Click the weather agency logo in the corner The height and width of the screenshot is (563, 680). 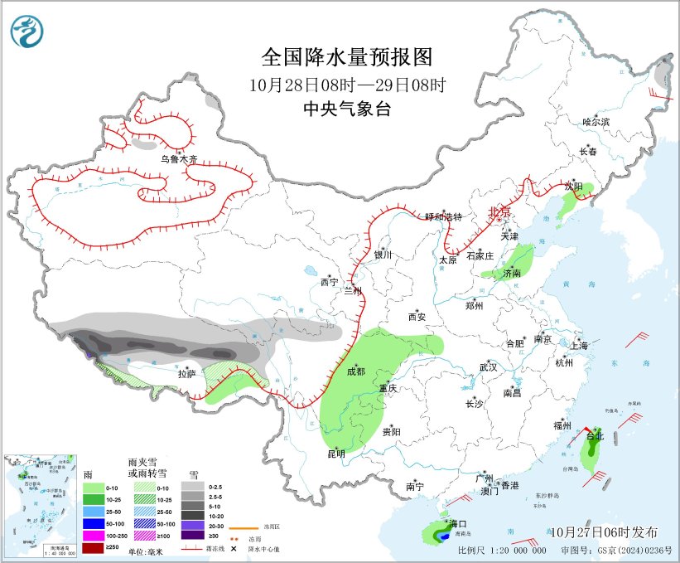click(27, 32)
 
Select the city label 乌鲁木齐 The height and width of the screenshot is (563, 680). click(179, 158)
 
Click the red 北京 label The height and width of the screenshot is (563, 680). click(500, 211)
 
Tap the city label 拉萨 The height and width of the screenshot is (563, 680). click(187, 374)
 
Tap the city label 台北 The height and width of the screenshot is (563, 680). click(595, 435)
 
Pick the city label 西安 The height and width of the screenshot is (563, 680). click(416, 317)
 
